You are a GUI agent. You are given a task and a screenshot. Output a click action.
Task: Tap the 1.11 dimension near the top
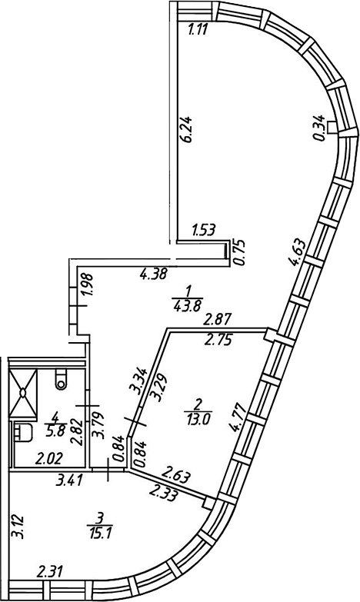(198, 29)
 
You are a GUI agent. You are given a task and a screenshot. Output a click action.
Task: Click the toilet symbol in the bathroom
(61, 379)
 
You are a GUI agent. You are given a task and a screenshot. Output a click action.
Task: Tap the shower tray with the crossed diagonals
(22, 393)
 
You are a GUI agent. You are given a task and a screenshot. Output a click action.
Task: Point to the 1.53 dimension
(204, 230)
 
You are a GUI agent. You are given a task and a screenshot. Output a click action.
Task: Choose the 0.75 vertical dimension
(239, 252)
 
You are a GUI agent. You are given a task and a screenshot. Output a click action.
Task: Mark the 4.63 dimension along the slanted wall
(298, 253)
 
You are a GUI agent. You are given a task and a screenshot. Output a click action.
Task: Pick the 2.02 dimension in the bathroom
(48, 459)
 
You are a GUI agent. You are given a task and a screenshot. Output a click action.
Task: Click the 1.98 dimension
(87, 285)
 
